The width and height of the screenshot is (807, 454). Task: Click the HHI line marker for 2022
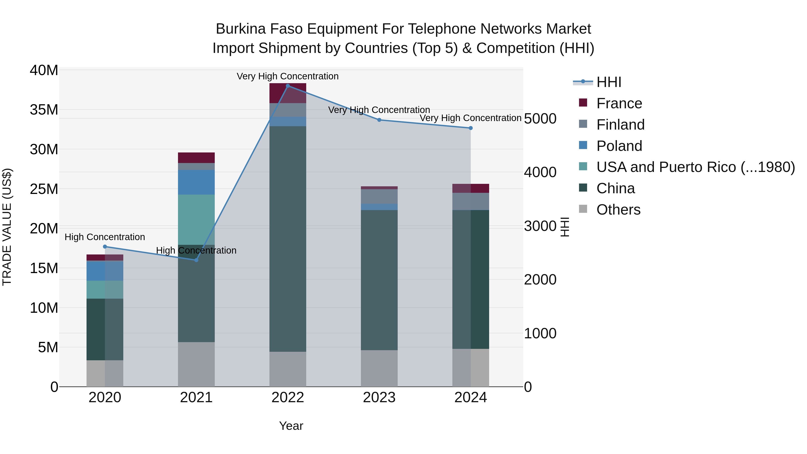(288, 86)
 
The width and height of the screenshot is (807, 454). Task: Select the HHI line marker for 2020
(105, 247)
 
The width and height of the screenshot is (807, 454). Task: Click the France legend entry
(619, 103)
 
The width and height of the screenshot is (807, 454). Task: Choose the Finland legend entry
(620, 125)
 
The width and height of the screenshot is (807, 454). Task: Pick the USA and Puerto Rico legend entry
(695, 167)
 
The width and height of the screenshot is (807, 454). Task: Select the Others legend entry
(618, 210)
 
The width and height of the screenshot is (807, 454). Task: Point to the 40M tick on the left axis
(44, 70)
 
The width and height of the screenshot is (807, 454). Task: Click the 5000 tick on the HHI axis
(540, 119)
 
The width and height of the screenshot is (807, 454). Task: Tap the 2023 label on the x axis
(379, 398)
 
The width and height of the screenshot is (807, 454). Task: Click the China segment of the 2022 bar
(288, 238)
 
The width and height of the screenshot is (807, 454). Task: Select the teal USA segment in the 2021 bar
(196, 219)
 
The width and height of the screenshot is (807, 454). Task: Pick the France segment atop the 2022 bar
(288, 93)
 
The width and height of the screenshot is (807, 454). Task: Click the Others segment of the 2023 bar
(379, 368)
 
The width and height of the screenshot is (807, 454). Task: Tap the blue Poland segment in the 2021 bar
(196, 182)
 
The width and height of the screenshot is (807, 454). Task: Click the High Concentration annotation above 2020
(105, 237)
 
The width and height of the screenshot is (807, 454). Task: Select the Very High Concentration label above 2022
(287, 76)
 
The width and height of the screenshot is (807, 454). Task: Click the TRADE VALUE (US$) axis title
(7, 227)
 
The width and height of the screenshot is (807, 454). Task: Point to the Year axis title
(291, 426)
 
